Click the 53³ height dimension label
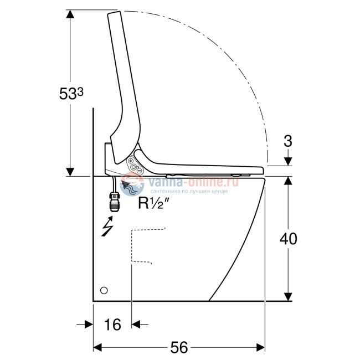(71, 94)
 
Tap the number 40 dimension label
(288, 239)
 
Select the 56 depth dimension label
(179, 347)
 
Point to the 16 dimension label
(112, 325)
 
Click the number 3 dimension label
(288, 141)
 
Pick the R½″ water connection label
(153, 203)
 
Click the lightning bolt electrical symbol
(107, 226)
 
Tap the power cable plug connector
(114, 202)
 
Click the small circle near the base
(104, 290)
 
